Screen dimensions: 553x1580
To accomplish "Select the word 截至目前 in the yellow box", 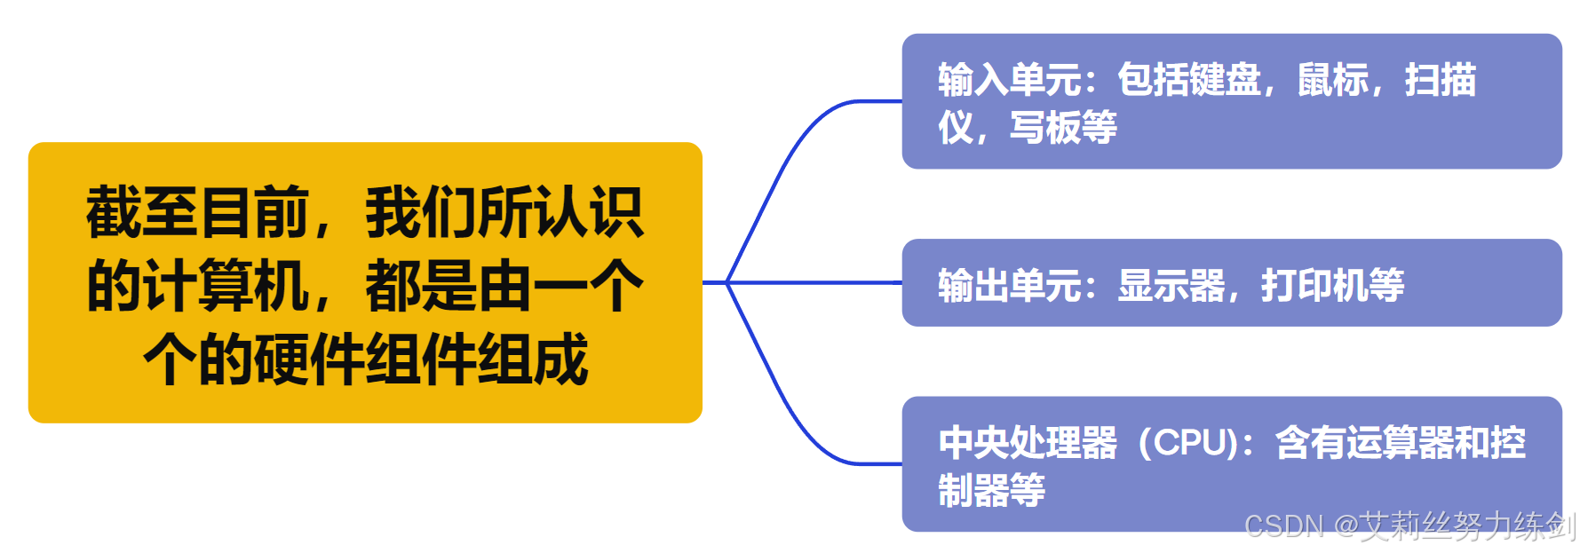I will tap(196, 213).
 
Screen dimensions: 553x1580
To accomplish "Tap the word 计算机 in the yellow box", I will tap(198, 286).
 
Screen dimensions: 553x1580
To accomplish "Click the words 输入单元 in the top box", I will tap(1009, 80).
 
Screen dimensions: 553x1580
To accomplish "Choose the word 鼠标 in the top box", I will tap(1333, 80).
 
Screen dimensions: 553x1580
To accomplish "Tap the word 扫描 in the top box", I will tap(1440, 80).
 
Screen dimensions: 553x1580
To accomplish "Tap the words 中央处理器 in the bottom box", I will tap(1028, 443).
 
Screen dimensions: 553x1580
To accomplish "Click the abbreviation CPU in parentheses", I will tap(1190, 443).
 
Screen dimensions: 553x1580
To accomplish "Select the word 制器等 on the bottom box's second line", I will tap(991, 490).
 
